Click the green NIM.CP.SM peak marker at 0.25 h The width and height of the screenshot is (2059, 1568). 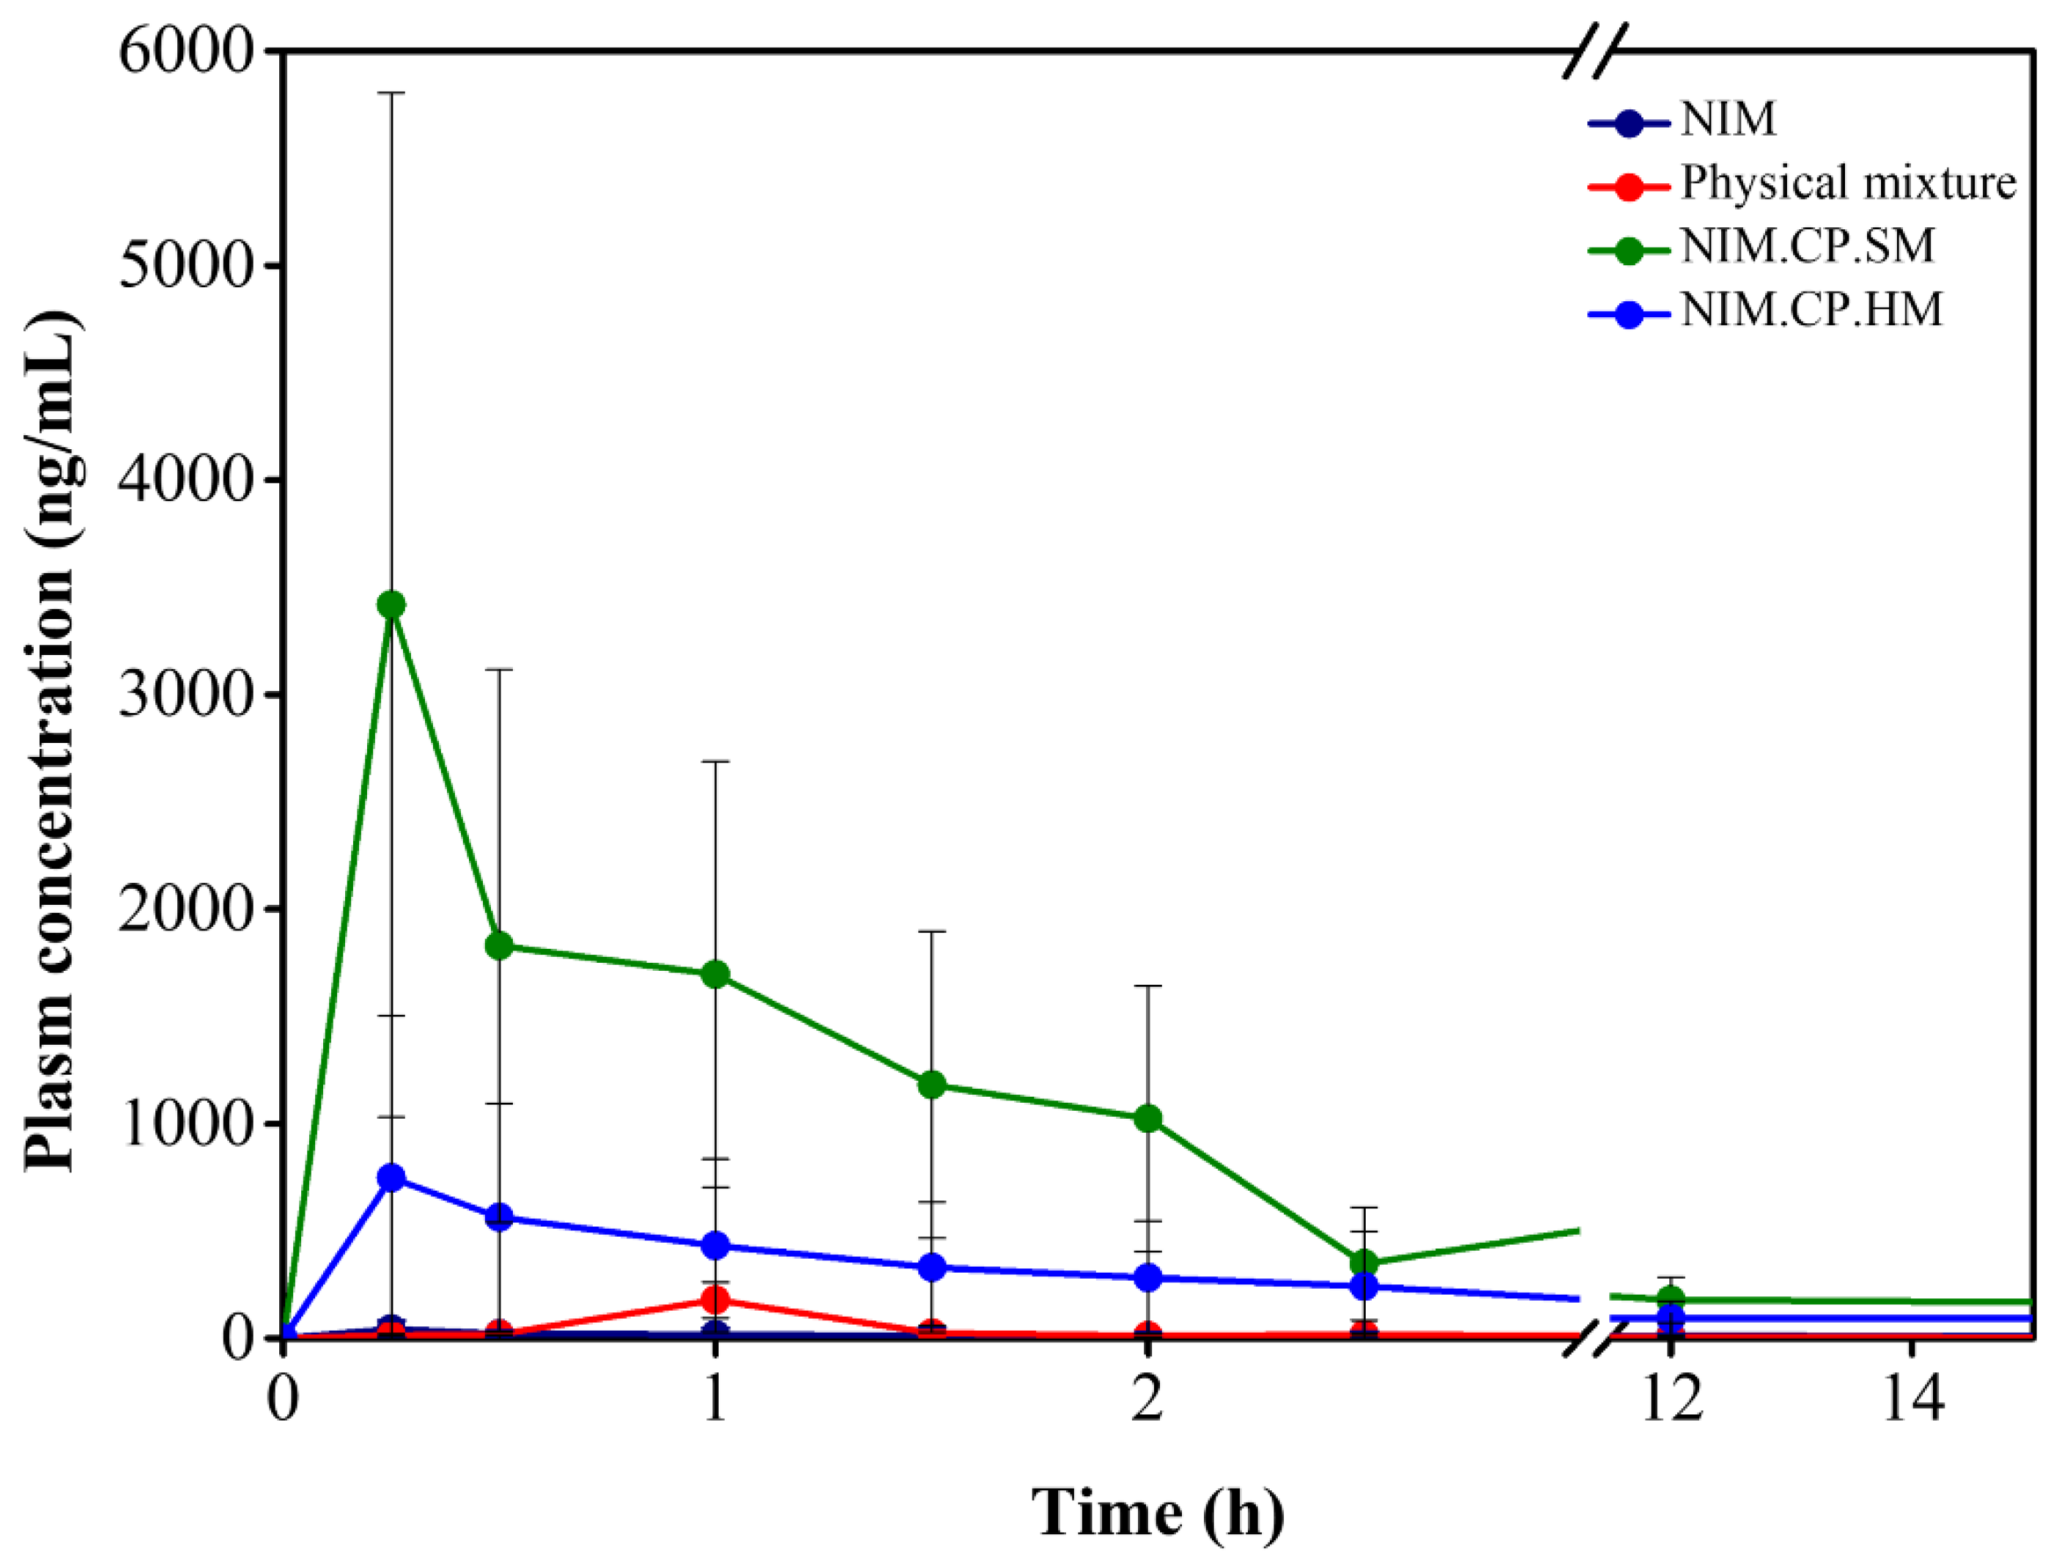point(391,604)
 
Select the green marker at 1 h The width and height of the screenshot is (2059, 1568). point(715,975)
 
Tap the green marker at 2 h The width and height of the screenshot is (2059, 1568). point(1148,1118)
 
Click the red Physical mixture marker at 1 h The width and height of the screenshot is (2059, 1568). point(715,1299)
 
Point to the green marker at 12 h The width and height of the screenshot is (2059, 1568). point(1671,1298)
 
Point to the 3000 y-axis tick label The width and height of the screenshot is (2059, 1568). point(185,695)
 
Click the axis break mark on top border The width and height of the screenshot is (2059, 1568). point(1594,51)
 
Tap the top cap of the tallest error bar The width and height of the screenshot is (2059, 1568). point(391,93)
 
